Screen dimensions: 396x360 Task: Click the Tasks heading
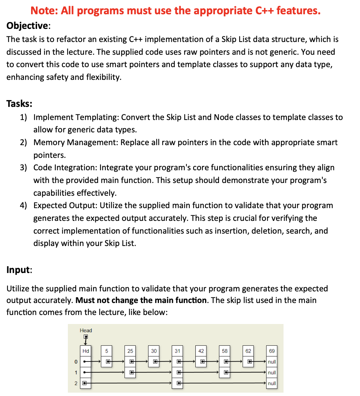coord(19,103)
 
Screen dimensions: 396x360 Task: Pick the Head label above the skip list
coord(86,330)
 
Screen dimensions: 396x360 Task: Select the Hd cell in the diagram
coord(86,351)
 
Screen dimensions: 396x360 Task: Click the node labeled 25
coord(130,351)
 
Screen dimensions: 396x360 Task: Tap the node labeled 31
coord(177,351)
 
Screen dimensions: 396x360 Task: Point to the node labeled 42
coord(201,351)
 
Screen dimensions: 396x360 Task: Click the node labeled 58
coord(225,351)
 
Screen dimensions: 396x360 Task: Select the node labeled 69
coord(272,351)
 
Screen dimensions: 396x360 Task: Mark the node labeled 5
coord(107,351)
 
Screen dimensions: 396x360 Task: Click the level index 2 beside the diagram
coord(76,383)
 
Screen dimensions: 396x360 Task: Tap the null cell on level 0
coord(272,362)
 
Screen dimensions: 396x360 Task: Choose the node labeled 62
coord(248,351)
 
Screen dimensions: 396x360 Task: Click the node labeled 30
coord(154,351)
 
